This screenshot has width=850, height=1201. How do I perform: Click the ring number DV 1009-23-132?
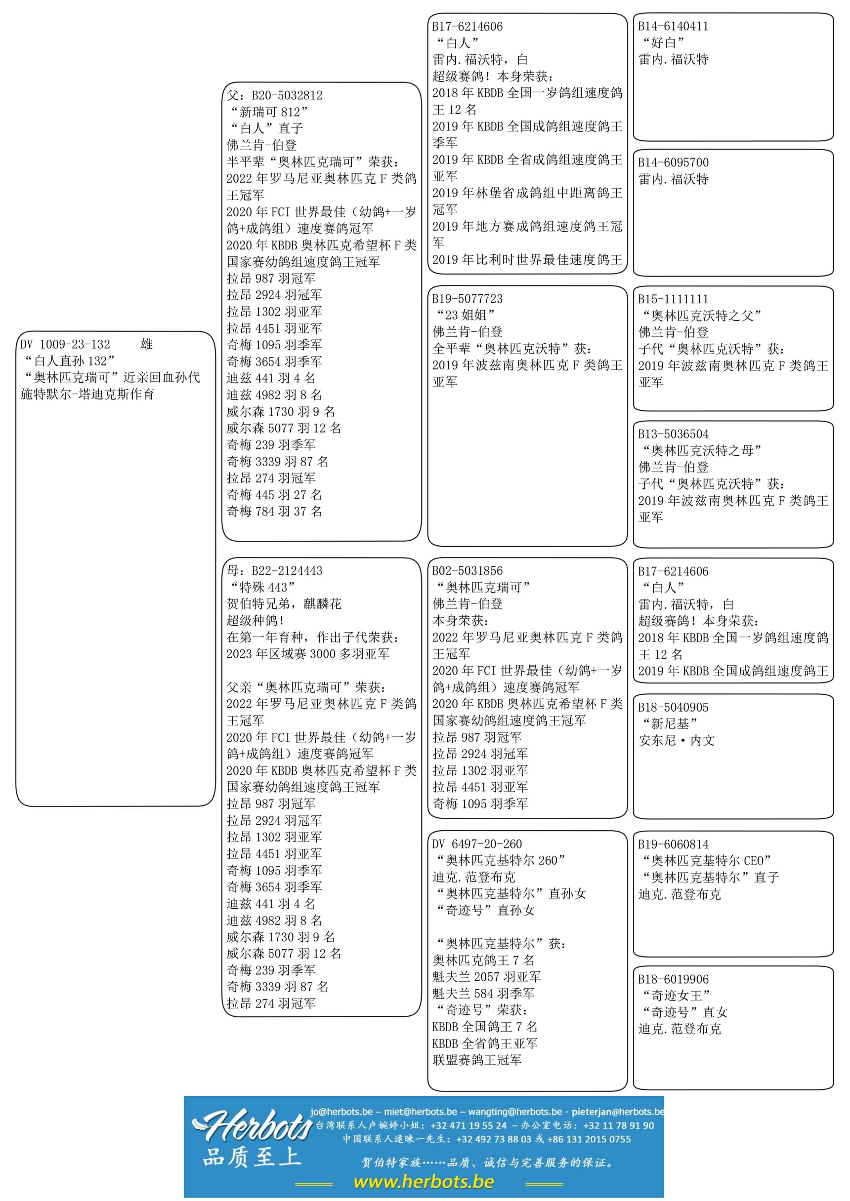coord(65,344)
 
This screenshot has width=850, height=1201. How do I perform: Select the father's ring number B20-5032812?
coord(287,95)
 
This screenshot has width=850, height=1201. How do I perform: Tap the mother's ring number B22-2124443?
coord(287,571)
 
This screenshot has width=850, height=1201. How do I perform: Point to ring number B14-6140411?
coord(673,26)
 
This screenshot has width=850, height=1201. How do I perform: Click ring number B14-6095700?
coord(673,162)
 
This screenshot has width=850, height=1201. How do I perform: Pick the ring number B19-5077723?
coord(467,299)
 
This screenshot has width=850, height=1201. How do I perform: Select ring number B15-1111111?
coord(673,299)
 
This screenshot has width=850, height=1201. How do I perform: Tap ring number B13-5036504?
coord(673,434)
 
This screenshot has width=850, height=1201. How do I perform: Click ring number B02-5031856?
coord(467,571)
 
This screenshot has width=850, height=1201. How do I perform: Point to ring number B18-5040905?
coord(673,707)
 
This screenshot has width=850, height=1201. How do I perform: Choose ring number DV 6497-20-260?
coord(477,844)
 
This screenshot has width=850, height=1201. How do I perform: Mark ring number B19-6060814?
coord(673,844)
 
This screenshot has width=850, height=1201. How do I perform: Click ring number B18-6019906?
coord(673,979)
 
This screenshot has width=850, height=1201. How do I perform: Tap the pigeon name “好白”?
coord(664,43)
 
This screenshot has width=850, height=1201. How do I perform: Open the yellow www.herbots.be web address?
coord(424,1182)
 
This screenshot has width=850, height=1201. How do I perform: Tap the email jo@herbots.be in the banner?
coord(341,1112)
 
